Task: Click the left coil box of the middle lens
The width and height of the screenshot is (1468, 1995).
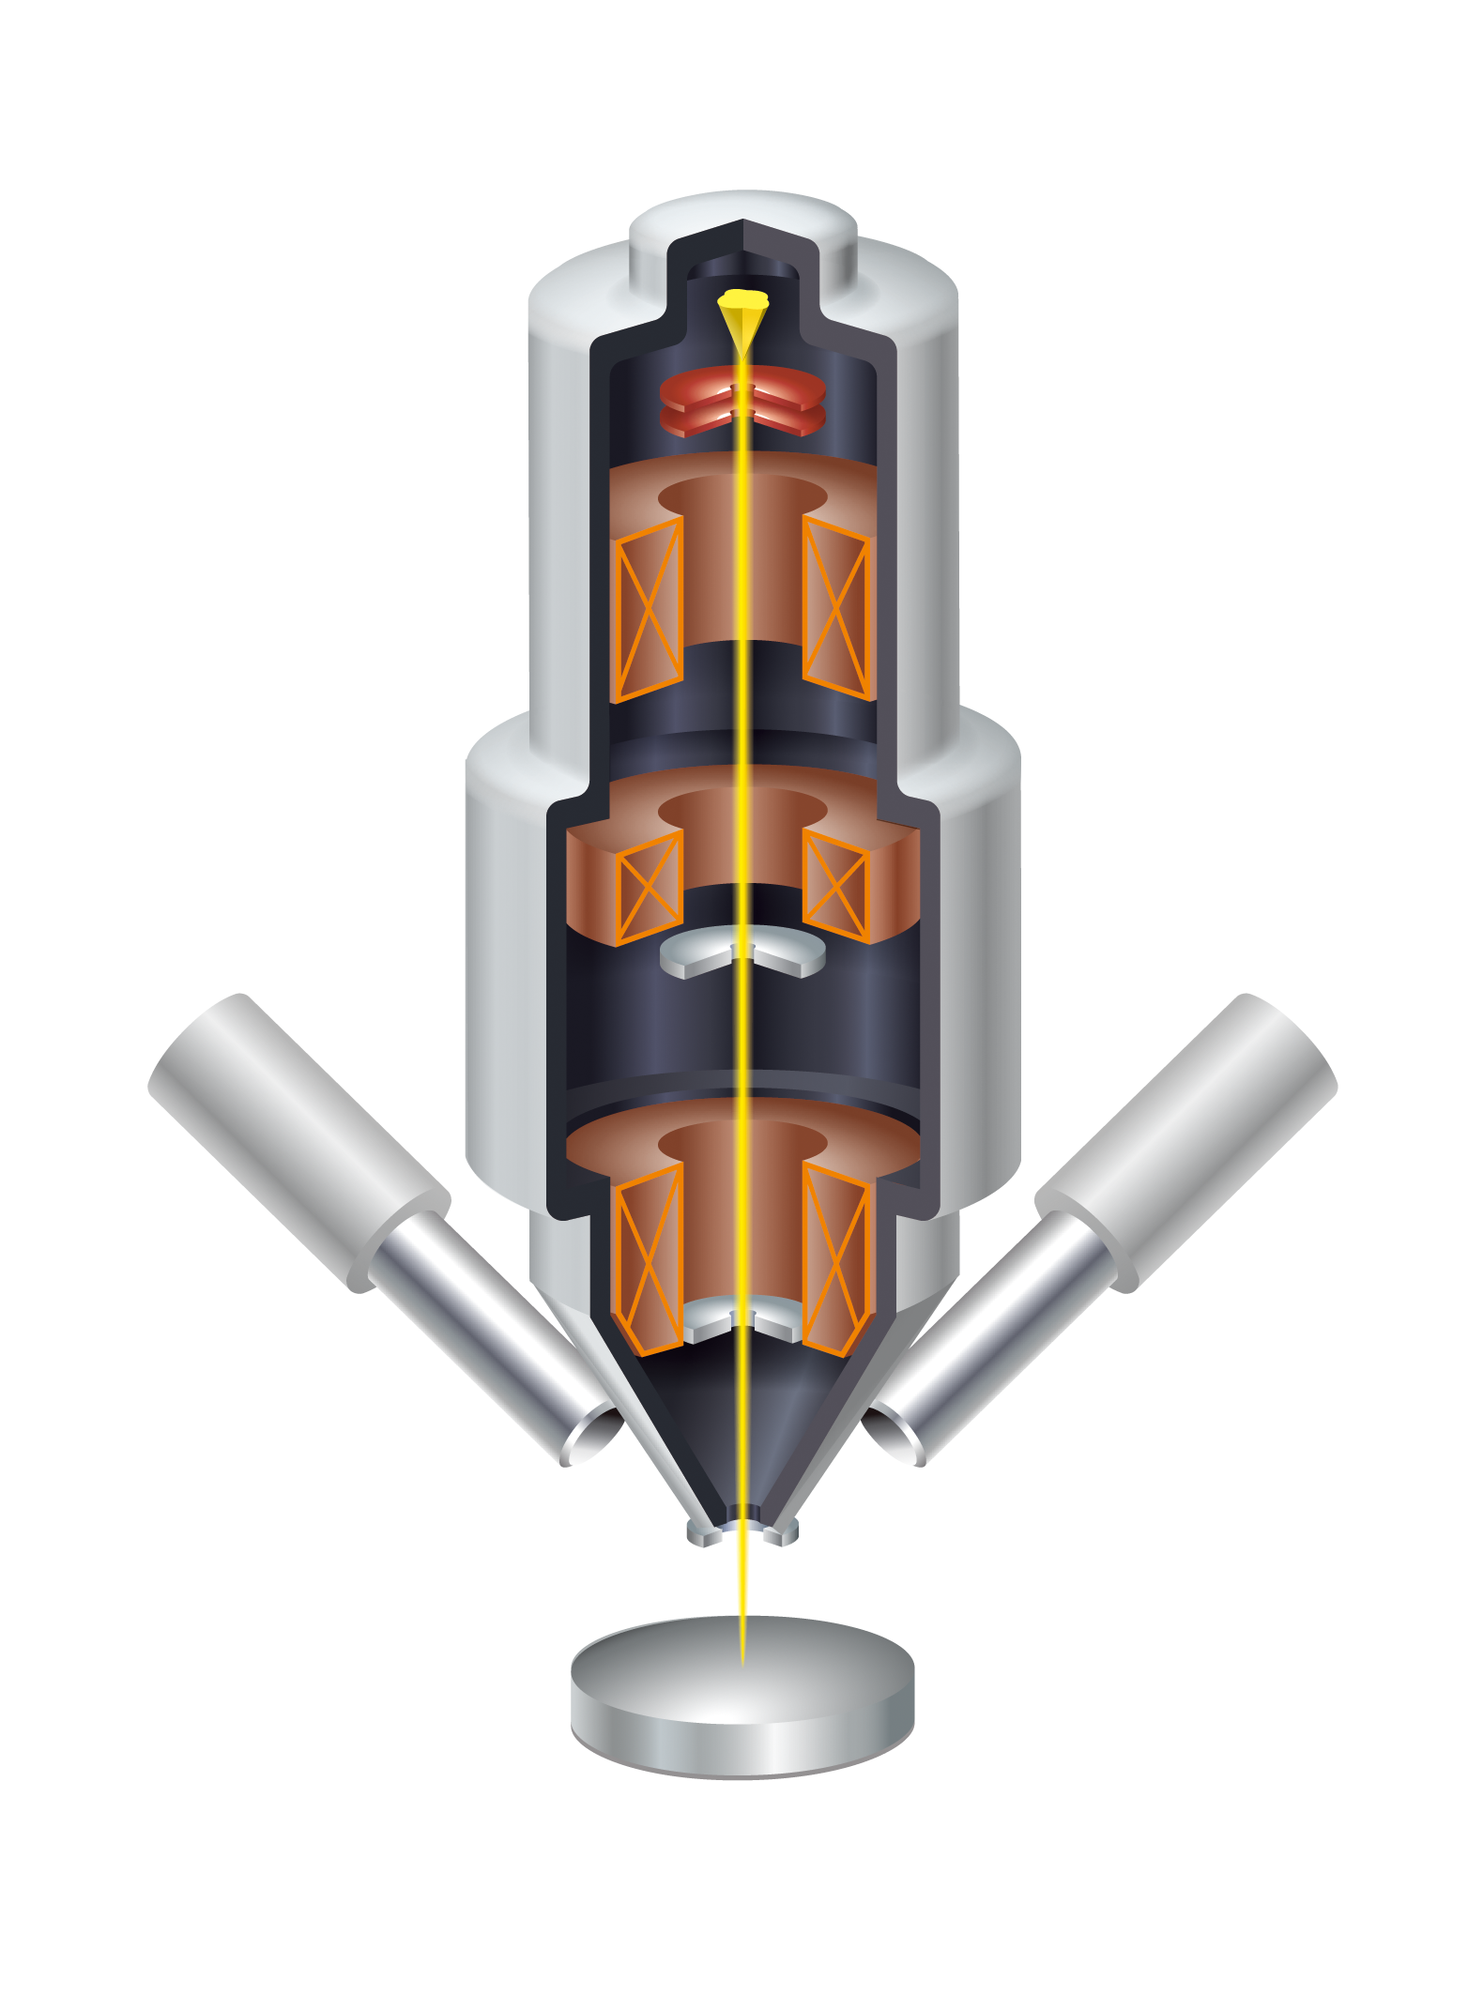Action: (649, 887)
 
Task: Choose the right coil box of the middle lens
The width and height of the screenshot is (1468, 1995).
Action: (836, 887)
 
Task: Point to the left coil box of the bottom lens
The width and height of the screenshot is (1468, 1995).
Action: (648, 1257)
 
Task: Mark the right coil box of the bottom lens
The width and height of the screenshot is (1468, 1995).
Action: (836, 1257)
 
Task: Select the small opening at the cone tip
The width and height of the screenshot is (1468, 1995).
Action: (743, 1526)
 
